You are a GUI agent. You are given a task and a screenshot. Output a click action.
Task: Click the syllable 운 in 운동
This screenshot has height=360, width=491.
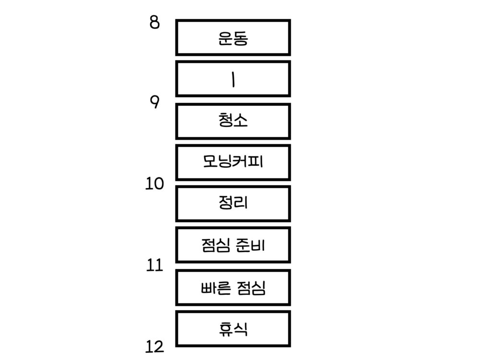coord(225,38)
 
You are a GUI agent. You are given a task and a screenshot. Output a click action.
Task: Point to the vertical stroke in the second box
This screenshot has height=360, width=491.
coord(233,79)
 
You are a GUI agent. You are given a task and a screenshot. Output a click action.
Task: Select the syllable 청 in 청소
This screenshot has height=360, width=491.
coord(225,120)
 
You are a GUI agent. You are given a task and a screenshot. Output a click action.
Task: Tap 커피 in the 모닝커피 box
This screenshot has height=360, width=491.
coord(248,162)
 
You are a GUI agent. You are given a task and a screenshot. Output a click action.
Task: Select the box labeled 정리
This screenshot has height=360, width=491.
coord(233,203)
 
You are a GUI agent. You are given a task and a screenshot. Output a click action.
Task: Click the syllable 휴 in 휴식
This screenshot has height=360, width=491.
coord(225,329)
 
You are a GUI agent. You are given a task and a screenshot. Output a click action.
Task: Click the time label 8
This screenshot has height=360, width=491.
coord(154,22)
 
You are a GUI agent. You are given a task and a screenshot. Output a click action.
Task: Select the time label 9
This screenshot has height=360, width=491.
coord(154,102)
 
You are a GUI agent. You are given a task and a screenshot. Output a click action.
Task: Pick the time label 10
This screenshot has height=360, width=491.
coord(154,183)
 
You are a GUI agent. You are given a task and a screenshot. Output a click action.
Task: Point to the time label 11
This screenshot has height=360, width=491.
coord(154,265)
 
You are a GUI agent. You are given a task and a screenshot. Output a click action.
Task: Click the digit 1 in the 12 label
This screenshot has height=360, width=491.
coord(149,347)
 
